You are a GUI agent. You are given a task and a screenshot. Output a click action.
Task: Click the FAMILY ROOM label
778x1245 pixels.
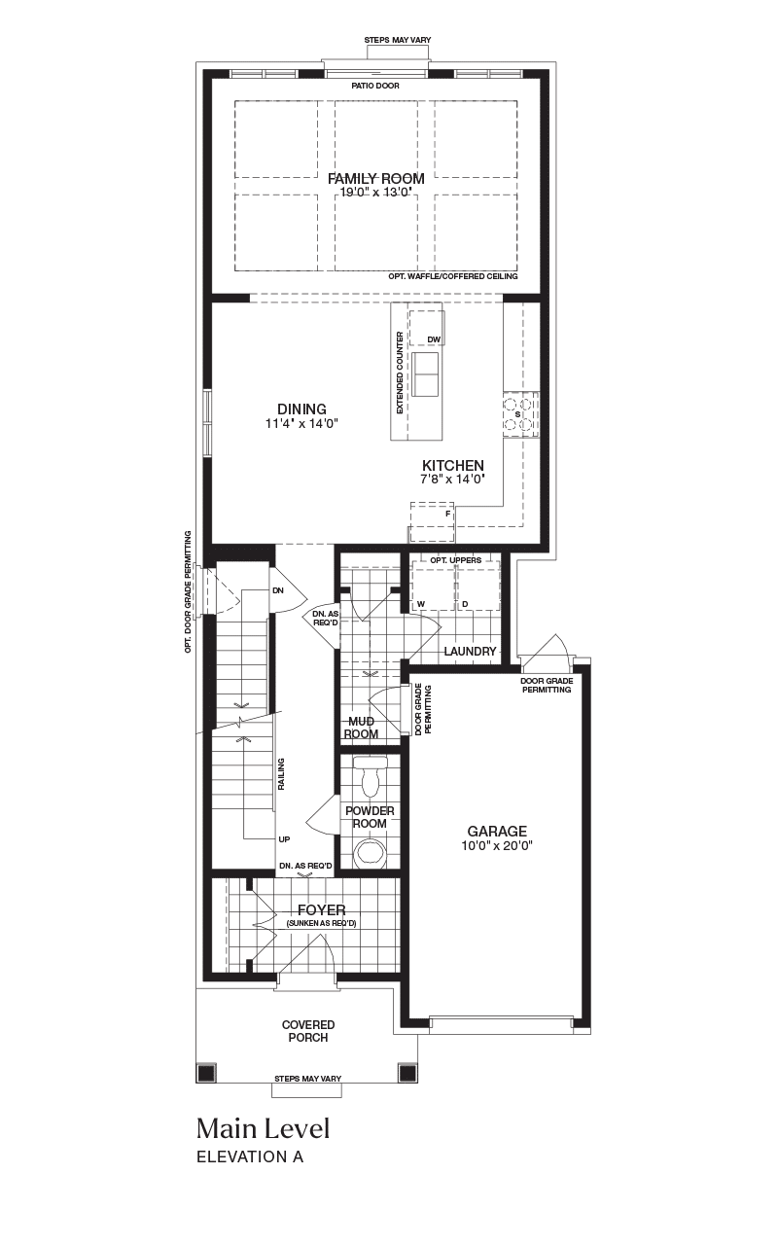point(375,178)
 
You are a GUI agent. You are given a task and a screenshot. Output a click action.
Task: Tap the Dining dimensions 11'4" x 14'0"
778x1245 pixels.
point(301,423)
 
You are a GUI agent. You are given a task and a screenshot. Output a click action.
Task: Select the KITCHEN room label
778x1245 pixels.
point(453,465)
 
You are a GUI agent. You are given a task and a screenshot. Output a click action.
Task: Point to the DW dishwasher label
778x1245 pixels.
point(434,339)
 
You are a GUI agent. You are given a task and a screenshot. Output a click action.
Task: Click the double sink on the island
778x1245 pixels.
point(425,374)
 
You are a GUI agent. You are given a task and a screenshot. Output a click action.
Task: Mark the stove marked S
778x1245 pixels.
point(520,414)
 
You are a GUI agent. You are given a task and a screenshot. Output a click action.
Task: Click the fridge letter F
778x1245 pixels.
point(448,515)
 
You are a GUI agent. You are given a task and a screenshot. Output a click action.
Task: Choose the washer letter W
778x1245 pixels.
point(421,604)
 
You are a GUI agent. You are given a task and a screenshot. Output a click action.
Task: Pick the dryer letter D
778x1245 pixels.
point(465,604)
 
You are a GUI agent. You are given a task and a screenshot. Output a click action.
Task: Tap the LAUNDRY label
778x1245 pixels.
point(470,652)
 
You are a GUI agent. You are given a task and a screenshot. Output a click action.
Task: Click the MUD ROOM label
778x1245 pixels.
point(361,728)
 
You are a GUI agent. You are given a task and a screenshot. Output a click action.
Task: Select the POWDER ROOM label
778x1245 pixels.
point(370,817)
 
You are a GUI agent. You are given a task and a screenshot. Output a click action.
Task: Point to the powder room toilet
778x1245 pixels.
point(370,776)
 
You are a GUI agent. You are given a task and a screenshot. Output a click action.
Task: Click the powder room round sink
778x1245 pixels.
point(370,853)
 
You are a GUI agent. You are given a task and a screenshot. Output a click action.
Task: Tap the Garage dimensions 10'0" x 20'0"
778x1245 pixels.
point(497,846)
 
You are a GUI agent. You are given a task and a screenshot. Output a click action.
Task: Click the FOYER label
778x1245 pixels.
point(322,909)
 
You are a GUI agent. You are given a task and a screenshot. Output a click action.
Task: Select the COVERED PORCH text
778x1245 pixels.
point(308,1031)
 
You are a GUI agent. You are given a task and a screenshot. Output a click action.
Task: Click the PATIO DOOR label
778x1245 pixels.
point(375,86)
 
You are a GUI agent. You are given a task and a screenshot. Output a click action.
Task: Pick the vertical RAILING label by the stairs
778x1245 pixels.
point(281,774)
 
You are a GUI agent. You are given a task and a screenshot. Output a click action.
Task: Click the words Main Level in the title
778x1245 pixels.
point(264,1129)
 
